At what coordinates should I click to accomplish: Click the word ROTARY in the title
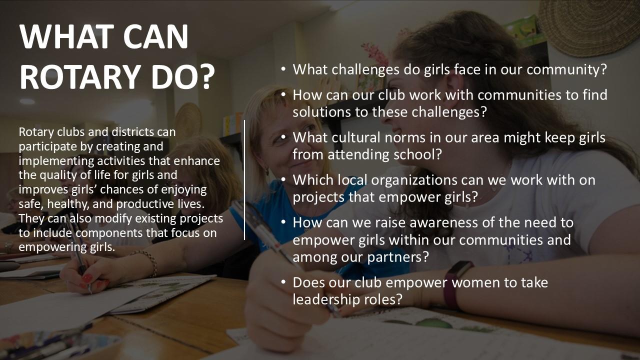(x=77, y=77)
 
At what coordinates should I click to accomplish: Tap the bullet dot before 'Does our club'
(x=283, y=282)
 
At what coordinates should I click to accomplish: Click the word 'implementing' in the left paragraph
(x=55, y=161)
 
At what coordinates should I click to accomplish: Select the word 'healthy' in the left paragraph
(x=67, y=204)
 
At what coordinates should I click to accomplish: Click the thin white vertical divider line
(x=244, y=180)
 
